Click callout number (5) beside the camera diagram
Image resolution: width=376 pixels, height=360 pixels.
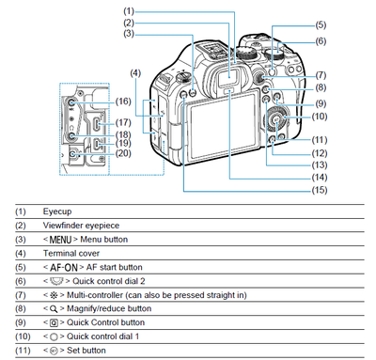321,24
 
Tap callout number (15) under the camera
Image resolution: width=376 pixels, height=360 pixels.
320,190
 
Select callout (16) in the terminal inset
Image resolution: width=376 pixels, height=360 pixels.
123,102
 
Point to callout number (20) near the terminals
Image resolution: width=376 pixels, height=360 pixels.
123,153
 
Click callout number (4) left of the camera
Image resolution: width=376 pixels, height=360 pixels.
135,73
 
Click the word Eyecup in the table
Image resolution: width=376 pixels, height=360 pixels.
57,211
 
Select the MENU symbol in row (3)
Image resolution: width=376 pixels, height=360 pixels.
60,240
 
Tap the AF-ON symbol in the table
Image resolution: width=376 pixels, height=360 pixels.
64,268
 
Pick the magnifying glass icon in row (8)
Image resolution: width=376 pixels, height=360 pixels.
54,309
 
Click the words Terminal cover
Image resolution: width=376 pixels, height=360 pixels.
71,253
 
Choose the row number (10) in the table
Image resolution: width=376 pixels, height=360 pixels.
23,337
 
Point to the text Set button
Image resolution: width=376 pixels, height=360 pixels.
86,351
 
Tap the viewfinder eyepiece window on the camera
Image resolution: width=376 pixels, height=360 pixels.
228,77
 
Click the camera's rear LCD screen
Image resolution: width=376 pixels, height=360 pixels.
224,128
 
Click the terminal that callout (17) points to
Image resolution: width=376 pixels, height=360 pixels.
98,125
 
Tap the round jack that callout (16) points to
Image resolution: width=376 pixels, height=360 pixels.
70,102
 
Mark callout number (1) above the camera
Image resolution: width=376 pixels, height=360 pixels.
129,11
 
